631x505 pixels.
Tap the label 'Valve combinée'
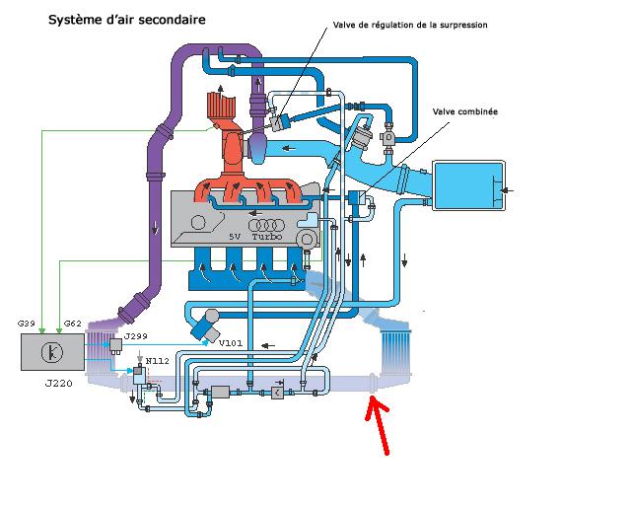464,111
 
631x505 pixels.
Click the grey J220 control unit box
52,352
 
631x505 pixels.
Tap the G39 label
27,324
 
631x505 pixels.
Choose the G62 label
72,324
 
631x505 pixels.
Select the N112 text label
155,362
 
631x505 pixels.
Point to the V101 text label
230,343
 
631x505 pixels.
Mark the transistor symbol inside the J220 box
51,351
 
